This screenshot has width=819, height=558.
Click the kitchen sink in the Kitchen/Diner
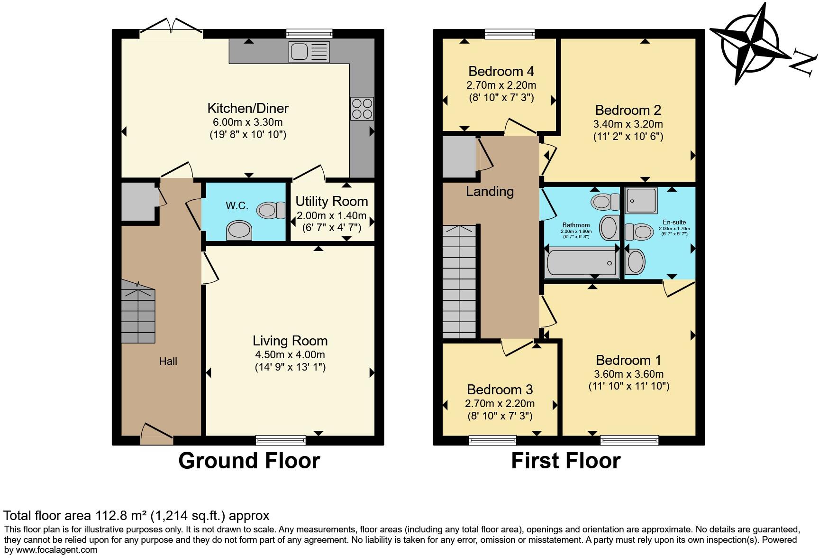(309, 52)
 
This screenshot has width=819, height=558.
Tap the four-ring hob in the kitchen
(362, 109)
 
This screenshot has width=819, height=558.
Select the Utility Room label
(331, 201)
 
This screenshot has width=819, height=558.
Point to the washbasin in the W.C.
(239, 231)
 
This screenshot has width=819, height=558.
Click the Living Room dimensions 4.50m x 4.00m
(290, 354)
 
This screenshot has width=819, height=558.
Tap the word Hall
(168, 361)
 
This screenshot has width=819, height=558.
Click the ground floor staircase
(138, 311)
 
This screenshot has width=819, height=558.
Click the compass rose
(750, 44)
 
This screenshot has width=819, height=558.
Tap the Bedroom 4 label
(501, 71)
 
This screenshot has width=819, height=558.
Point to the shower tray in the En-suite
(641, 200)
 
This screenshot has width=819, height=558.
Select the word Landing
(490, 191)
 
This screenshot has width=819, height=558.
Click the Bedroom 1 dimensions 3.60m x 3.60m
(629, 373)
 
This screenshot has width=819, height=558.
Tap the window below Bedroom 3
(492, 440)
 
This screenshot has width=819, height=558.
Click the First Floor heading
(565, 461)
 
